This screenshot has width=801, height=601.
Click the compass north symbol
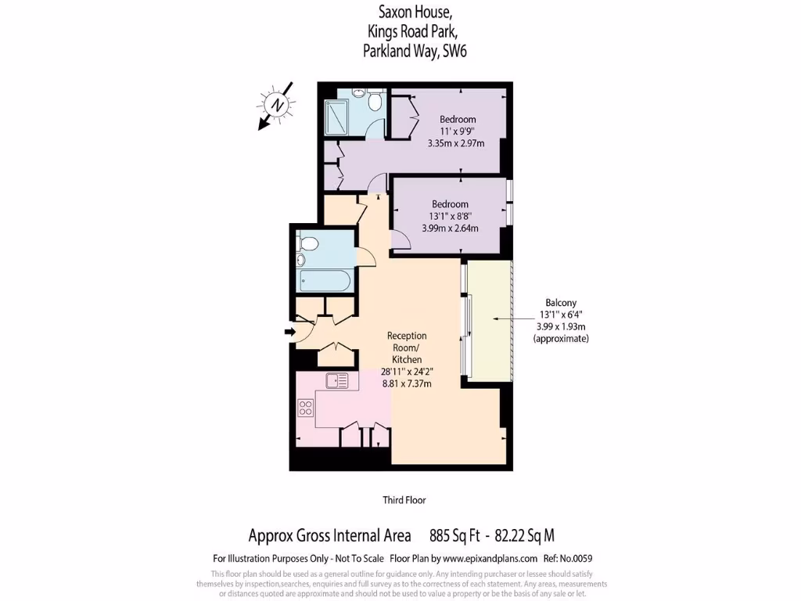click(276, 104)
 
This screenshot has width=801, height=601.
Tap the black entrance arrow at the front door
click(290, 333)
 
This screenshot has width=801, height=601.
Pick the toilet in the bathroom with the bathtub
click(308, 244)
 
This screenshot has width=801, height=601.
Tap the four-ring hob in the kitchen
click(306, 408)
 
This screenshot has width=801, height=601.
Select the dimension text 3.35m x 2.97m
click(456, 143)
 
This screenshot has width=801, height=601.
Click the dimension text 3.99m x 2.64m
click(450, 229)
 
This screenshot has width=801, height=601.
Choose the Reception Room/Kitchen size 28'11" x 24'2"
click(407, 372)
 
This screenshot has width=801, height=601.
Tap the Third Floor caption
click(404, 500)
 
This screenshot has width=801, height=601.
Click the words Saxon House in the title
click(404, 13)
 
